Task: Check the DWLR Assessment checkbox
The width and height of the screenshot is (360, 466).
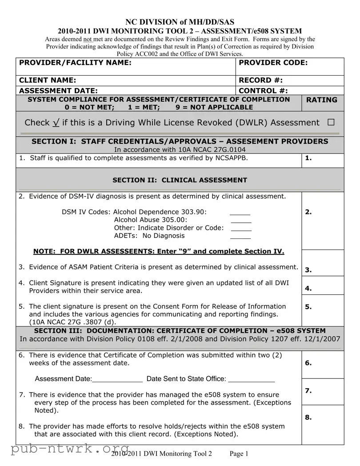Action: tap(331, 123)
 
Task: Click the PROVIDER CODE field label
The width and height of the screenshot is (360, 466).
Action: tap(273, 63)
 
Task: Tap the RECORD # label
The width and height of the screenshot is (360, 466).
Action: tap(261, 80)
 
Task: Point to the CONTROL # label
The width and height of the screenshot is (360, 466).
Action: tap(263, 91)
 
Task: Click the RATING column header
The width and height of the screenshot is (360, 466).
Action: tap(322, 100)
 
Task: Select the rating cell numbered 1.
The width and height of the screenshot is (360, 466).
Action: tap(323, 160)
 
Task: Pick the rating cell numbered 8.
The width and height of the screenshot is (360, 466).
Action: tap(323, 425)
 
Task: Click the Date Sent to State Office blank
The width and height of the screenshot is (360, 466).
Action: tap(252, 381)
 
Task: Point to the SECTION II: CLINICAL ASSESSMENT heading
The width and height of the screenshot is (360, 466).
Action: tap(180, 180)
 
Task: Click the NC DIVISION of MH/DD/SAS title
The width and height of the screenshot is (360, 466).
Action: tap(180, 22)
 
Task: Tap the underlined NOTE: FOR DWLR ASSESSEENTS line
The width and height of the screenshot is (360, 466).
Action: tap(159, 251)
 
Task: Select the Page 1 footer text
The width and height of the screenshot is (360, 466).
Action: tap(239, 454)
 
